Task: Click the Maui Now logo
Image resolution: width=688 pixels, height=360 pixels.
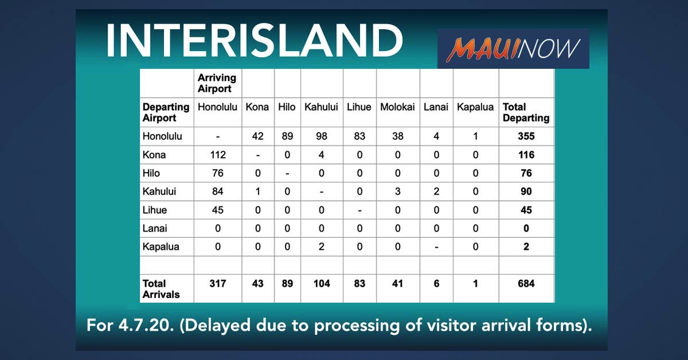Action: [513, 49]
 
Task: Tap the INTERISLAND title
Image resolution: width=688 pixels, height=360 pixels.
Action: [255, 40]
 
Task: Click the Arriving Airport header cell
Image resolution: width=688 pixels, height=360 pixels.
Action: [217, 83]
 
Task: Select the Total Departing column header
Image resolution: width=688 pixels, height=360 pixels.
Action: [526, 112]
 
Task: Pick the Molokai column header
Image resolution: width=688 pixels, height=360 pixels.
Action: [397, 107]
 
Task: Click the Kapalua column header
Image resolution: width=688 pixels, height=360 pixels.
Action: [475, 107]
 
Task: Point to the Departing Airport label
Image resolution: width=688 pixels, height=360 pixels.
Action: [166, 112]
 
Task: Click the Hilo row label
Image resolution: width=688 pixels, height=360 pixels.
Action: [151, 173]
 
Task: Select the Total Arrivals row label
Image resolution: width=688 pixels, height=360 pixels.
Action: [161, 289]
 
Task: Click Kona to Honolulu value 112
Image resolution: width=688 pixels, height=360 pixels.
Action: [218, 155]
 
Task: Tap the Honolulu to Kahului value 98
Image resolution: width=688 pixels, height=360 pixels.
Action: [322, 136]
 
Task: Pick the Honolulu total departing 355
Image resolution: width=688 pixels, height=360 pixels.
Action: [526, 136]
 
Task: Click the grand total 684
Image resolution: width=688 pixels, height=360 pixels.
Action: [526, 284]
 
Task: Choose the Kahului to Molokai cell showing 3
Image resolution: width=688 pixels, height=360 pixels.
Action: [397, 191]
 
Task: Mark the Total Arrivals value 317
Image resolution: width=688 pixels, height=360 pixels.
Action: [218, 284]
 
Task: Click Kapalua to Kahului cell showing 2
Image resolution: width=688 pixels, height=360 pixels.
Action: [321, 246]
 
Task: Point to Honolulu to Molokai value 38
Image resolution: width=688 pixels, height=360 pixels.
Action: [397, 136]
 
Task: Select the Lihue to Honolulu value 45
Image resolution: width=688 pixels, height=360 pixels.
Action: [217, 210]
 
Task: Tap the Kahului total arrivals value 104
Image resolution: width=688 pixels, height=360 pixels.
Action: [322, 284]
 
